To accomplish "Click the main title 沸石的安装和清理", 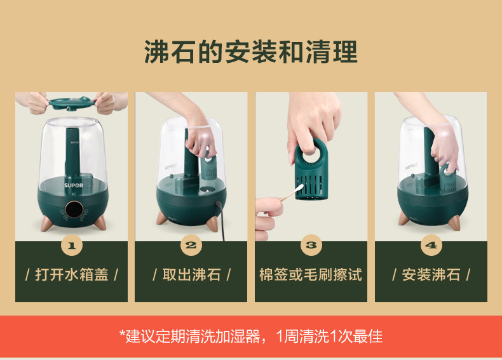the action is click(x=250, y=51).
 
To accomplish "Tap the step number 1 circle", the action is click(x=71, y=246).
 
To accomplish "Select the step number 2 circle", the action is click(x=191, y=246).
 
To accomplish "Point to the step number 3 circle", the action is click(x=311, y=246).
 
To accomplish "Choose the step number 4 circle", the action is click(x=431, y=246).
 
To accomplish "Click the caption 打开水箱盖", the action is click(x=72, y=274).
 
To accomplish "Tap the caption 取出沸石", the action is click(x=191, y=274).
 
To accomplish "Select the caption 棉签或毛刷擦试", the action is click(x=311, y=274).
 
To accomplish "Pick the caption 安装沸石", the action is click(x=431, y=274).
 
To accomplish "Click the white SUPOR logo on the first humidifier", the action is click(x=74, y=185).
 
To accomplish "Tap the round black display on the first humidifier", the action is click(x=74, y=210).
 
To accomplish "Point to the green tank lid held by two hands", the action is click(x=72, y=103).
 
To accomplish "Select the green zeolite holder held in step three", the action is click(x=311, y=170).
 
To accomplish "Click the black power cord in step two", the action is click(x=221, y=220).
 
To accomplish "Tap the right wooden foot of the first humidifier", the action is click(x=100, y=223).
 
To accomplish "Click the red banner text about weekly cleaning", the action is click(x=251, y=337).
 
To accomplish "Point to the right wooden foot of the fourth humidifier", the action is click(x=454, y=223).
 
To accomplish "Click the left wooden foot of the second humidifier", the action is click(x=161, y=218).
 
